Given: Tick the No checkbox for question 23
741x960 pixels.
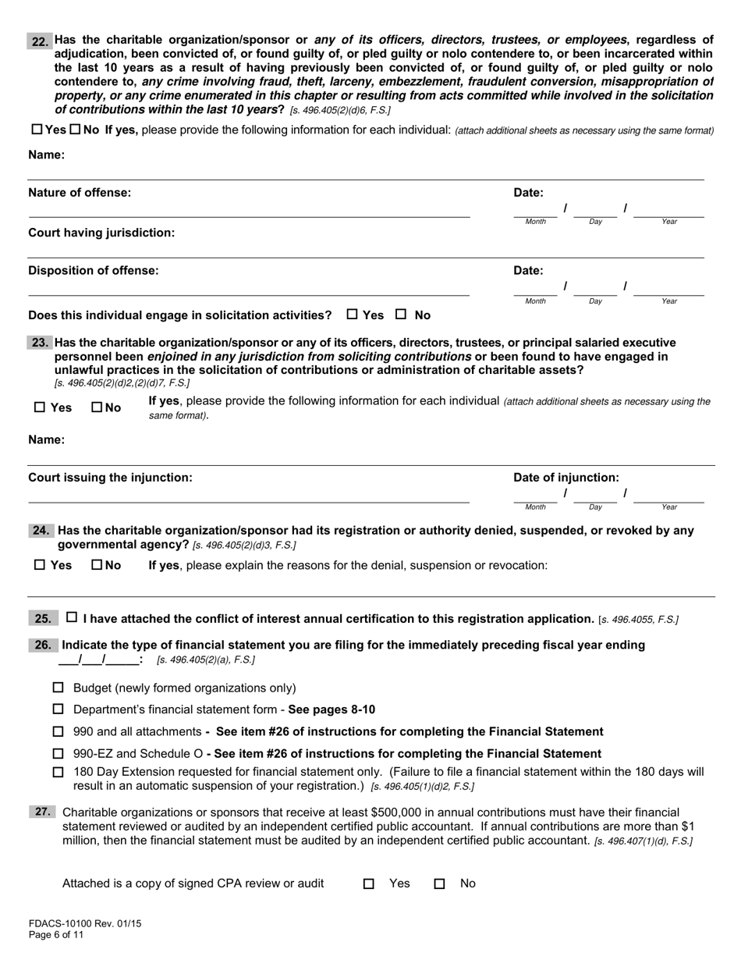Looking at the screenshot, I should pyautogui.click(x=97, y=407).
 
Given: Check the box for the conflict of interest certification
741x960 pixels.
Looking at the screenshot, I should pyautogui.click(x=72, y=618).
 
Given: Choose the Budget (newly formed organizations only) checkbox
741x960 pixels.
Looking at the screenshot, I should pyautogui.click(x=58, y=688).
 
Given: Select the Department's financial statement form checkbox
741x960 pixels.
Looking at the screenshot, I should pyautogui.click(x=58, y=709).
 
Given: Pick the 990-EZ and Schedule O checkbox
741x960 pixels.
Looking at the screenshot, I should pyautogui.click(x=58, y=753).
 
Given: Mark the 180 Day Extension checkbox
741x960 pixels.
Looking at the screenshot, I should pyautogui.click(x=58, y=772).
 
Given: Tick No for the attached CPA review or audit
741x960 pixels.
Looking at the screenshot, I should pyautogui.click(x=440, y=884).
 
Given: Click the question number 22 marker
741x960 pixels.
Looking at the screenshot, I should pyautogui.click(x=40, y=41).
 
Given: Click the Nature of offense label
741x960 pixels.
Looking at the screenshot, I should pyautogui.click(x=80, y=192).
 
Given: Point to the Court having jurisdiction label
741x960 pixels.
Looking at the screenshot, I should pyautogui.click(x=101, y=233).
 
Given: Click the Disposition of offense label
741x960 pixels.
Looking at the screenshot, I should pyautogui.click(x=93, y=270).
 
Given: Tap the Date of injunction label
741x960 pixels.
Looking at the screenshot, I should pyautogui.click(x=565, y=477).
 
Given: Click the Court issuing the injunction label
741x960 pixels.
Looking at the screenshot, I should pyautogui.click(x=110, y=477).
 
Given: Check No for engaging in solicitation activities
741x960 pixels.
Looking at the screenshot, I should pyautogui.click(x=401, y=315).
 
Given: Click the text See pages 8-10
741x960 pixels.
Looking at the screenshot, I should pyautogui.click(x=331, y=709).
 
